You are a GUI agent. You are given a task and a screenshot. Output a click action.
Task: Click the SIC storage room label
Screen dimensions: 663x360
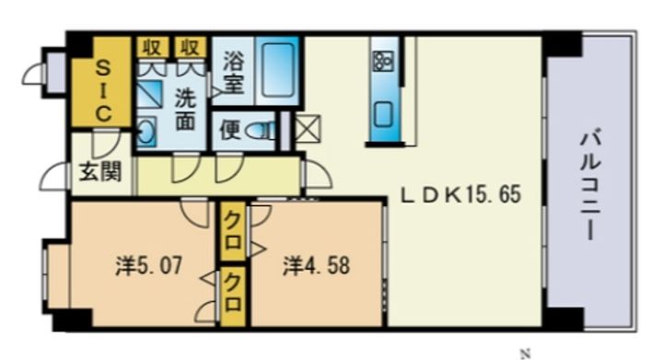[102, 90]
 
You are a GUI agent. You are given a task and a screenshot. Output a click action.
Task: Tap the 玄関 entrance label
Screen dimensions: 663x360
[100, 172]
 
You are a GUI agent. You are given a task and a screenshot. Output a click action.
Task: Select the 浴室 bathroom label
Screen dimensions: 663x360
[233, 72]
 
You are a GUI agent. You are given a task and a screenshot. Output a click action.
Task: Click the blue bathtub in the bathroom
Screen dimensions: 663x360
[277, 70]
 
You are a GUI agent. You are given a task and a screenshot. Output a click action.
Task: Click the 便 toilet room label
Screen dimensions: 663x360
[231, 130]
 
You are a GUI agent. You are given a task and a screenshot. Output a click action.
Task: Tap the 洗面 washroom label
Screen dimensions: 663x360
[186, 109]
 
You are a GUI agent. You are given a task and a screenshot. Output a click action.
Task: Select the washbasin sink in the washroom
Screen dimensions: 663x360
[146, 133]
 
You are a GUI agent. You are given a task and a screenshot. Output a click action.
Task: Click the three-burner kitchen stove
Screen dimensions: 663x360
[383, 62]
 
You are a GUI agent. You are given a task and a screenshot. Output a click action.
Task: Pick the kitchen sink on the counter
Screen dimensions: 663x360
[383, 114]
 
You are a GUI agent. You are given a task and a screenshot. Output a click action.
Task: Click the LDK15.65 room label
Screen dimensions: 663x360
[460, 195]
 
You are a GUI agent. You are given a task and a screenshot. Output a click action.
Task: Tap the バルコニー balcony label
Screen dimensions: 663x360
[589, 186]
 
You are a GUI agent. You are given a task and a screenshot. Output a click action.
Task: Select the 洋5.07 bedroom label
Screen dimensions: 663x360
[149, 266]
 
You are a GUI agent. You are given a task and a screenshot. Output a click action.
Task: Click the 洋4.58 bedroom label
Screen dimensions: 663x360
[316, 266]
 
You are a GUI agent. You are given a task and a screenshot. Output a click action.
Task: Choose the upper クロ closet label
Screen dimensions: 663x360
[233, 231]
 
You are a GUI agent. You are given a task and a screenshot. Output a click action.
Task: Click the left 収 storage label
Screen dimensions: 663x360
[152, 47]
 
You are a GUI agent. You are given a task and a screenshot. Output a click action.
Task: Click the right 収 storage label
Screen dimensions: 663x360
[190, 47]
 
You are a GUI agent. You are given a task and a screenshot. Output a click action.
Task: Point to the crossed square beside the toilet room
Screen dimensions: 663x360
[308, 129]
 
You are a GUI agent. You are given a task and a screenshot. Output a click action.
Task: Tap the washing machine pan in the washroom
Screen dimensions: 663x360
[149, 94]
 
